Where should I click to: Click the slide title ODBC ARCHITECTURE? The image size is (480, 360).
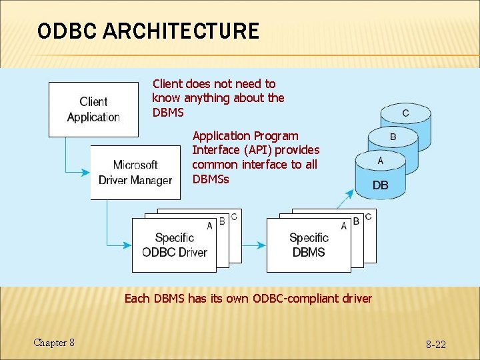coord(148,31)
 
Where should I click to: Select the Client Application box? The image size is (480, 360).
coord(93,109)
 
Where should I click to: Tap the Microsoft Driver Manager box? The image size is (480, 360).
coord(135,172)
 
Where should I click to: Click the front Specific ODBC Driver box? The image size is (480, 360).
coord(174,245)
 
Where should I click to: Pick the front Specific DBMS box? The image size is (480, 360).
coord(309,245)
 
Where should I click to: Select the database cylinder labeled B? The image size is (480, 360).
coord(393,137)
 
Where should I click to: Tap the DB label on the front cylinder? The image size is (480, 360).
coord(380,185)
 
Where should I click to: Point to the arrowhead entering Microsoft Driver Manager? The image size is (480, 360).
coord(86,172)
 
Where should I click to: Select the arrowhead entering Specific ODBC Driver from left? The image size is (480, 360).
coord(127,245)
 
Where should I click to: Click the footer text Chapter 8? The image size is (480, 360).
coord(54,343)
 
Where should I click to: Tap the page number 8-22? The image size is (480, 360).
coord(436,344)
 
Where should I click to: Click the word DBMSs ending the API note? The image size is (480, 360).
coord(210,179)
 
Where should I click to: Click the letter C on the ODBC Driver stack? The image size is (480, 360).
coord(233,217)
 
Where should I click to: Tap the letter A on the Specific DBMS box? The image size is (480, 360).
coord(344,226)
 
